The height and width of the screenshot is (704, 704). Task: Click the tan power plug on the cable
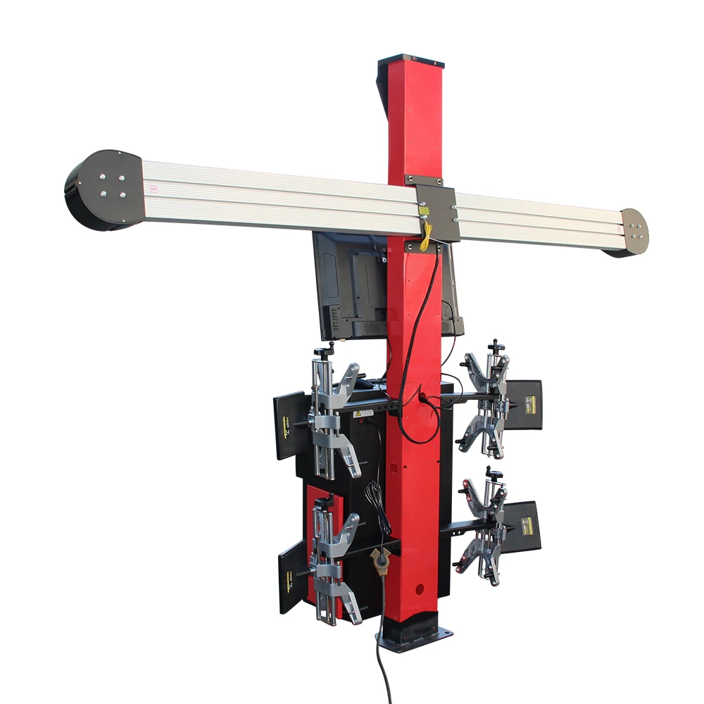pyautogui.click(x=381, y=564)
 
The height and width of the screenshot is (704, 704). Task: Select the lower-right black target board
pyautogui.click(x=522, y=526)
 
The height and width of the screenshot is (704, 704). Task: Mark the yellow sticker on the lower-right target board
pyautogui.click(x=526, y=524)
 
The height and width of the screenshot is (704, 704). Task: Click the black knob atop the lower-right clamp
pyautogui.click(x=496, y=470)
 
